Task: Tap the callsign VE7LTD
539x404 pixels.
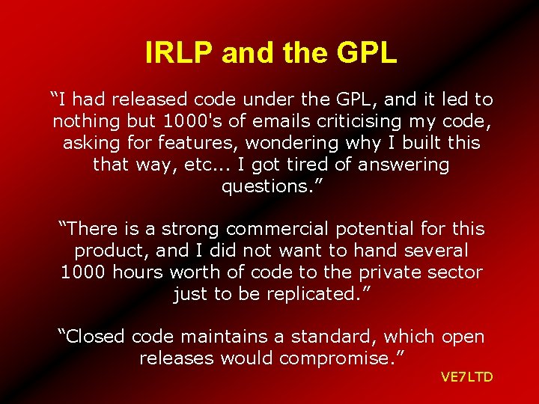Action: point(466,376)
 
